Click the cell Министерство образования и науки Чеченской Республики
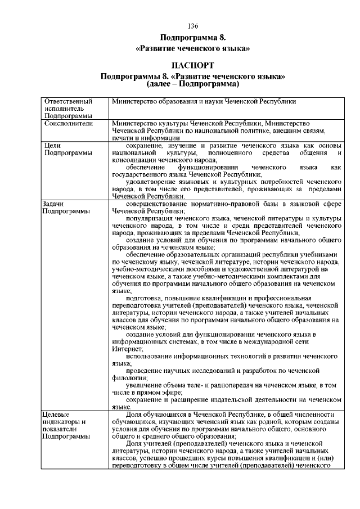click(204, 101)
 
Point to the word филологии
click(129, 378)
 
